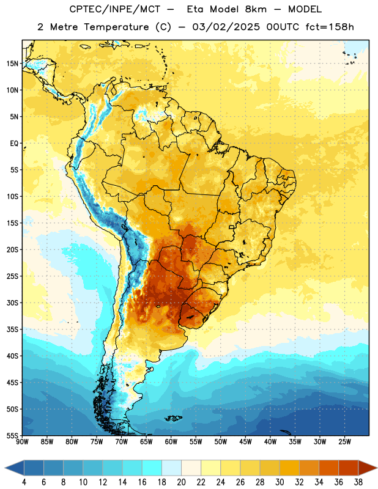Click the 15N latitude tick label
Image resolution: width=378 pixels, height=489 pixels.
12,64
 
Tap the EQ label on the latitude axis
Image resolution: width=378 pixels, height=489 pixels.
14,144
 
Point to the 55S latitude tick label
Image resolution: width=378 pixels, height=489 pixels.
12,435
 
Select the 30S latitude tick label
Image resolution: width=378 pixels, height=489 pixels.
12,303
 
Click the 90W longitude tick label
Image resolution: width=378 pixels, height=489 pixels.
22,442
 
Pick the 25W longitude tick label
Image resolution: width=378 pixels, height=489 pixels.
344,442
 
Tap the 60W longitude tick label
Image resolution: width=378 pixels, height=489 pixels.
171,442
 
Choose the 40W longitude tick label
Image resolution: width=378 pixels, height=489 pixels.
270,442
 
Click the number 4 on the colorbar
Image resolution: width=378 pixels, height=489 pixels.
24,482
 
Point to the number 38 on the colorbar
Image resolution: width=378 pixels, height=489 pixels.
358,482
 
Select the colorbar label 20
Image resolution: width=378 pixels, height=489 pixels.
181,482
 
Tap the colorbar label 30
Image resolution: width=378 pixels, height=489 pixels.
280,482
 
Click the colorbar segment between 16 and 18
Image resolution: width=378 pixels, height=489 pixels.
152,468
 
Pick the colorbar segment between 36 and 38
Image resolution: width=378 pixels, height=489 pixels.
349,468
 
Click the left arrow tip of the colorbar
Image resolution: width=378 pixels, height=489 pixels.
5,468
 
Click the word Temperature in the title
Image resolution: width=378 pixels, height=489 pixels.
116,27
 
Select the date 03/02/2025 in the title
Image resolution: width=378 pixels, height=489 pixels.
226,27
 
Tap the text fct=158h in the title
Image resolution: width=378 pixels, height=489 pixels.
330,27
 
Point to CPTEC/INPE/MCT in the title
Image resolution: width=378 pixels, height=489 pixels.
114,9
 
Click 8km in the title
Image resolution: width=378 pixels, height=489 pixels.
256,9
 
